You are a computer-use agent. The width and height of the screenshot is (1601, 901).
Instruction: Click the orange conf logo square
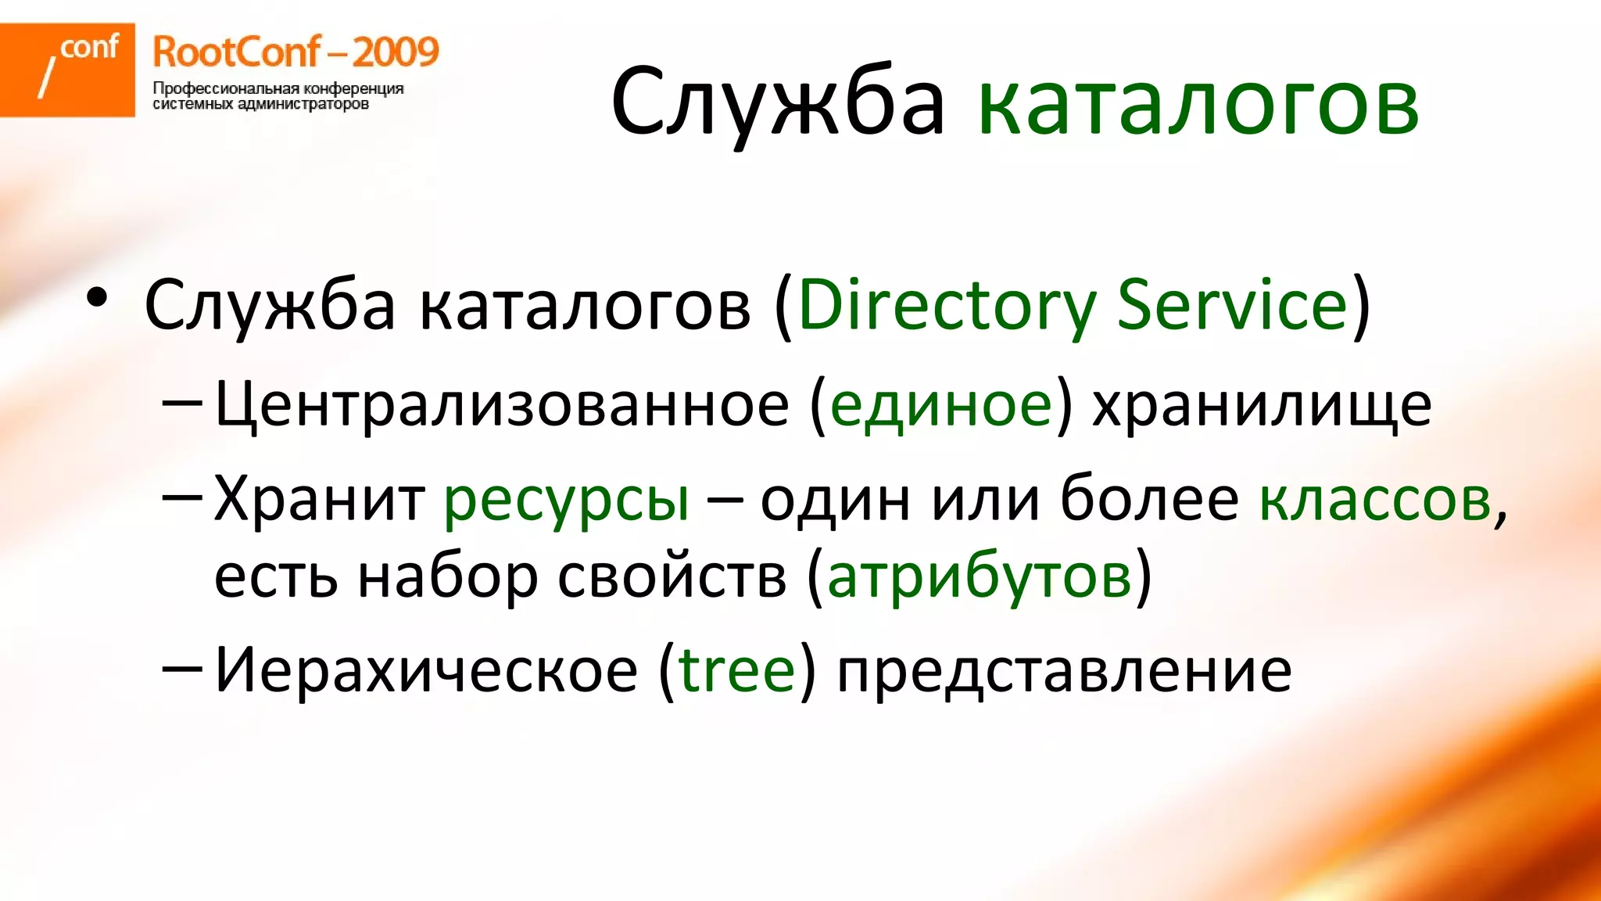67,70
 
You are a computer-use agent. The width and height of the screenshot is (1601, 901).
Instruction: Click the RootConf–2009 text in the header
295,52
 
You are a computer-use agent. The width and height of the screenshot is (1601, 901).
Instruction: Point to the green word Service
1232,306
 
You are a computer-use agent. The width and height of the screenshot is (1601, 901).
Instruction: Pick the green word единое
941,404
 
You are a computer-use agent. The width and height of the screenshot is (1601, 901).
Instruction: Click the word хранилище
1262,404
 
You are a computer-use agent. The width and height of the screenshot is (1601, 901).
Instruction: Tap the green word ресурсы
567,499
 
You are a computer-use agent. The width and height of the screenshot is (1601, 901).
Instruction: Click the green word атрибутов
980,577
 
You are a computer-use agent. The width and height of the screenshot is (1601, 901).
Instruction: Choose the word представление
1064,670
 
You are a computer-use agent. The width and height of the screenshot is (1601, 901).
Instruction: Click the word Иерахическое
426,670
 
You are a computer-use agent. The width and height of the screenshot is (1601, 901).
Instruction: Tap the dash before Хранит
182,497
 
